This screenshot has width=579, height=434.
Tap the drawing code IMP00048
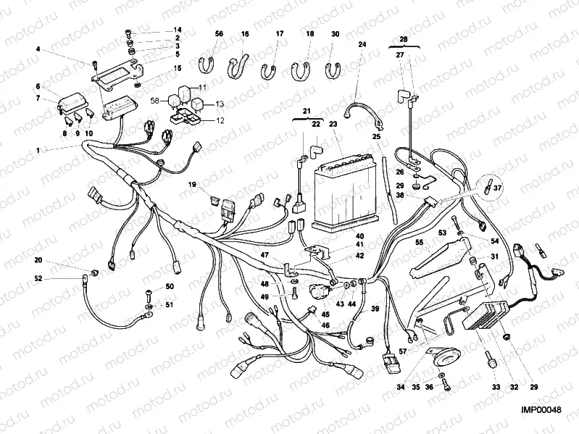541,410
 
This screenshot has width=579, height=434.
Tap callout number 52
38,278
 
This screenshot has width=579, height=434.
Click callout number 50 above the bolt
170,287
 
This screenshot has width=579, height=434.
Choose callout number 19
193,185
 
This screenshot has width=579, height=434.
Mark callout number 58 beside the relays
154,101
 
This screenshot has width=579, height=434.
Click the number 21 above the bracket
307,111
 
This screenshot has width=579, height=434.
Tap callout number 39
375,309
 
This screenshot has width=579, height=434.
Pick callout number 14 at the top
178,30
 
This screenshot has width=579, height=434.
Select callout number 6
38,85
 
